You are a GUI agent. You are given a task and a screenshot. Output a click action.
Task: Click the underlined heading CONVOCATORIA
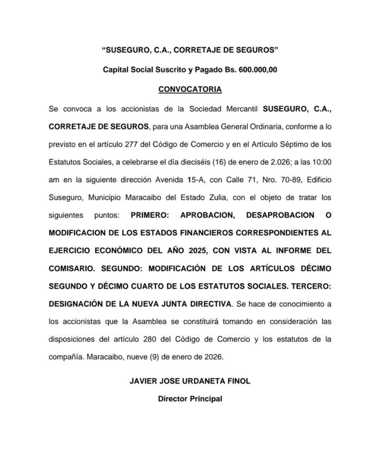pyautogui.click(x=190, y=89)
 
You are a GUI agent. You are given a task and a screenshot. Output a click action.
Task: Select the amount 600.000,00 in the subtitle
pyautogui.click(x=257, y=70)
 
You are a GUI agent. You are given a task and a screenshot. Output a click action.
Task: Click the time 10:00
pyautogui.click(x=321, y=162)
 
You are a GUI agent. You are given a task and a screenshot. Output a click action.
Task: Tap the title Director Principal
pyautogui.click(x=190, y=398)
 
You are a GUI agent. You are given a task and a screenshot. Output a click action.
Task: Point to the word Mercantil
pyautogui.click(x=238, y=109)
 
